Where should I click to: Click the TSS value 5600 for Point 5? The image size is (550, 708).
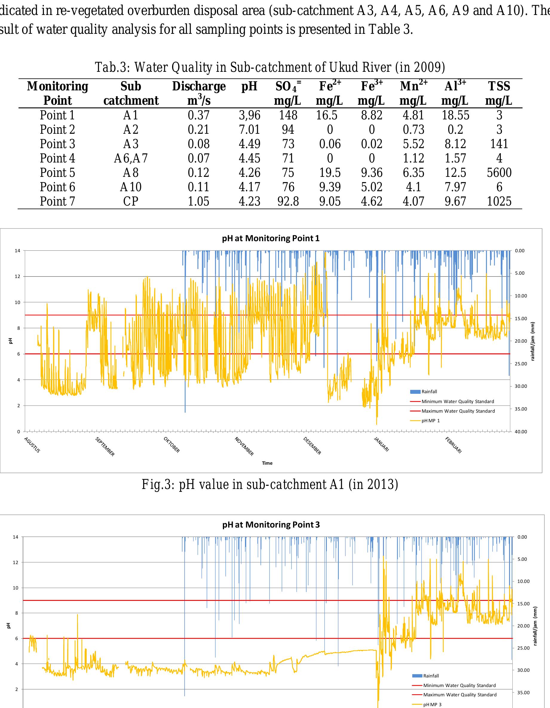pyautogui.click(x=499, y=173)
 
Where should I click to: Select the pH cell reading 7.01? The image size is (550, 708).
pyautogui.click(x=249, y=130)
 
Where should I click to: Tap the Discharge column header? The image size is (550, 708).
pyautogui.click(x=199, y=93)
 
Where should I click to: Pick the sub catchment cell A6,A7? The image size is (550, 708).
pyautogui.click(x=131, y=159)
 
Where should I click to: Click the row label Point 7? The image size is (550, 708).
pyautogui.click(x=57, y=201)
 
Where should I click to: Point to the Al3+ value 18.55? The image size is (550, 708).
pyautogui.click(x=456, y=116)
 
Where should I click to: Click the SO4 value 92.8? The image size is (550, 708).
pyautogui.click(x=288, y=201)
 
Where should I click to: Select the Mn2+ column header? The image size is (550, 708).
pyautogui.click(x=413, y=93)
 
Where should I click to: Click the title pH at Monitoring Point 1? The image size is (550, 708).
pyautogui.click(x=271, y=238)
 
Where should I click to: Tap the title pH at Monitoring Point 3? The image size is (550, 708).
pyautogui.click(x=271, y=525)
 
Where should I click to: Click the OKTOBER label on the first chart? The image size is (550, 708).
pyautogui.click(x=172, y=445)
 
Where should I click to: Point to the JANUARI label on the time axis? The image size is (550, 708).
pyautogui.click(x=381, y=444)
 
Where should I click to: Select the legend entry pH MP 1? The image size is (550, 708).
pyautogui.click(x=430, y=421)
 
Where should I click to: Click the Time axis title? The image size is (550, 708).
pyautogui.click(x=267, y=463)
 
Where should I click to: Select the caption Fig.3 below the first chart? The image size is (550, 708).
pyautogui.click(x=270, y=484)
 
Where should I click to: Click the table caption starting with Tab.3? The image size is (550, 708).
pyautogui.click(x=270, y=67)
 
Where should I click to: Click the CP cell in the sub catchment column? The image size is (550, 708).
pyautogui.click(x=131, y=201)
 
